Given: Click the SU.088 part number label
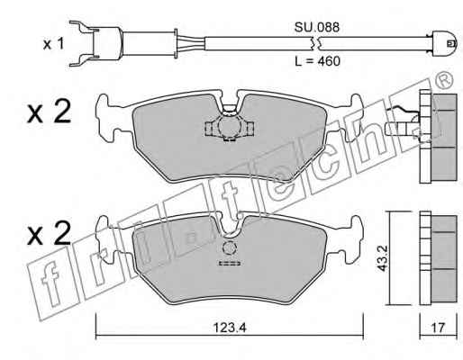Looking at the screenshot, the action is [316, 27].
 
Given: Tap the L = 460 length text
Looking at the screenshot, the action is [317, 61].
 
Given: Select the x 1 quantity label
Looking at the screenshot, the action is [54, 44].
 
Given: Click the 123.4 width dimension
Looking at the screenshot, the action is [230, 328].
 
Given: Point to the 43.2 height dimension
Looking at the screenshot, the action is [382, 258].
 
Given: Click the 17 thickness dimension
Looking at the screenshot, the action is [438, 328].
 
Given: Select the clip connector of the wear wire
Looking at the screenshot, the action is [95, 44].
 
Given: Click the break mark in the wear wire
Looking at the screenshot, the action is [316, 44].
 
